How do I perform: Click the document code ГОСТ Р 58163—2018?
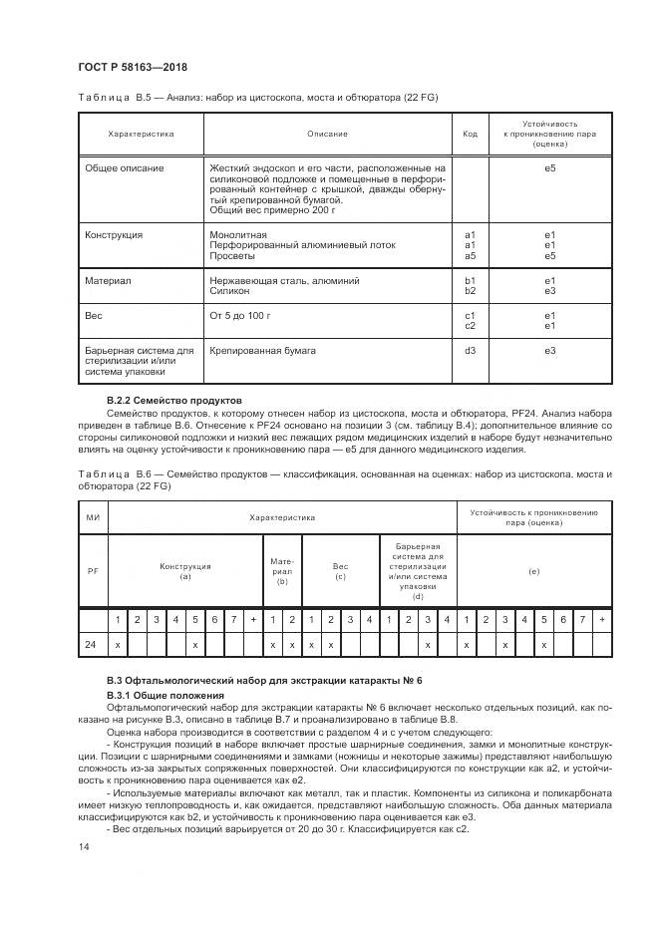pyautogui.click(x=132, y=68)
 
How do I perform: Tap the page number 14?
pyautogui.click(x=83, y=848)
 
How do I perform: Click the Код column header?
pyautogui.click(x=471, y=134)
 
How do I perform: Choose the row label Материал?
pyautogui.click(x=109, y=281)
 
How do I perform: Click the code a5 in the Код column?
pyautogui.click(x=471, y=256)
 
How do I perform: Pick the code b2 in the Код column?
pyautogui.click(x=471, y=292)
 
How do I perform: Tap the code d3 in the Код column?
pyautogui.click(x=471, y=352)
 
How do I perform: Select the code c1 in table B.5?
pyautogui.click(x=471, y=316)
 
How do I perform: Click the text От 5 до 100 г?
pyautogui.click(x=240, y=316)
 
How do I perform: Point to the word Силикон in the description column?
pyautogui.click(x=230, y=292)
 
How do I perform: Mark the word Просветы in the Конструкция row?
pyautogui.click(x=232, y=256)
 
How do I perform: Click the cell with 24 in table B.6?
pyautogui.click(x=92, y=645)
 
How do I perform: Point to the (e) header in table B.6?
pyautogui.click(x=533, y=571)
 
